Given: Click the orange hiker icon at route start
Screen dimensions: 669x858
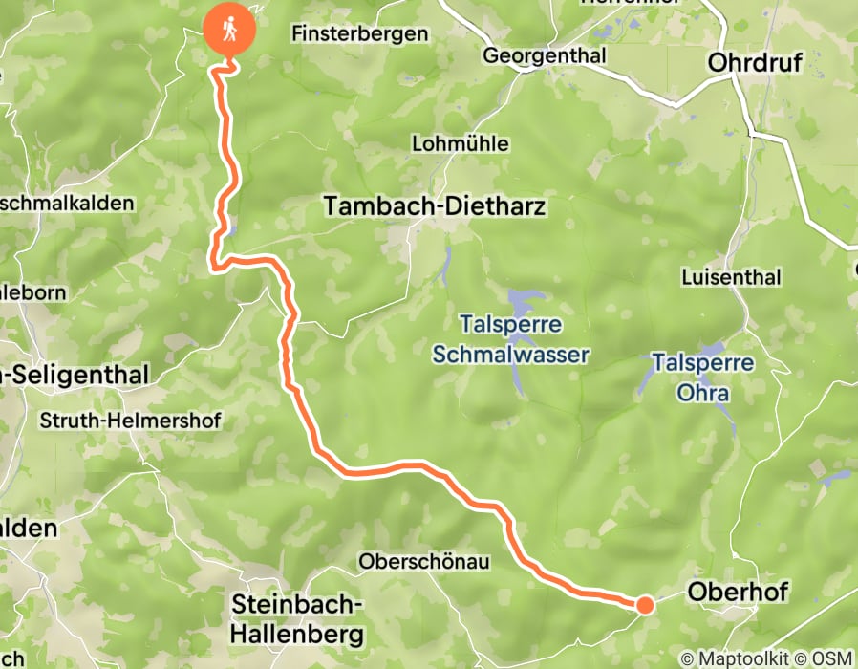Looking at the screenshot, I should (230, 31).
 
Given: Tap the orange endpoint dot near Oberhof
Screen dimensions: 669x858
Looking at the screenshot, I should (645, 604).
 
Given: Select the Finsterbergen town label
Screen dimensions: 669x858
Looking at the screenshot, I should (358, 34).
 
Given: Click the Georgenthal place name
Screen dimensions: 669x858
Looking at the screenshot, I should (545, 56).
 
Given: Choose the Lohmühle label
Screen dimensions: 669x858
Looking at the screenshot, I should (460, 144).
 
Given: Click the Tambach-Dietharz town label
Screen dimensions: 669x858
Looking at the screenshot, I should (435, 205).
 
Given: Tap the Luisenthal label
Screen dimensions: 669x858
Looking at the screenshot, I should (731, 277).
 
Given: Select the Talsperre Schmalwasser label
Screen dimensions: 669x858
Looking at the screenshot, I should (510, 339).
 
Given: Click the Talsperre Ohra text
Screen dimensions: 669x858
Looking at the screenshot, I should (703, 378).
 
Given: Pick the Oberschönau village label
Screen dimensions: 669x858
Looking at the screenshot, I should (424, 562).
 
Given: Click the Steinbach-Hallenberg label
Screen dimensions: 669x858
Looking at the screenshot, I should (299, 619).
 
